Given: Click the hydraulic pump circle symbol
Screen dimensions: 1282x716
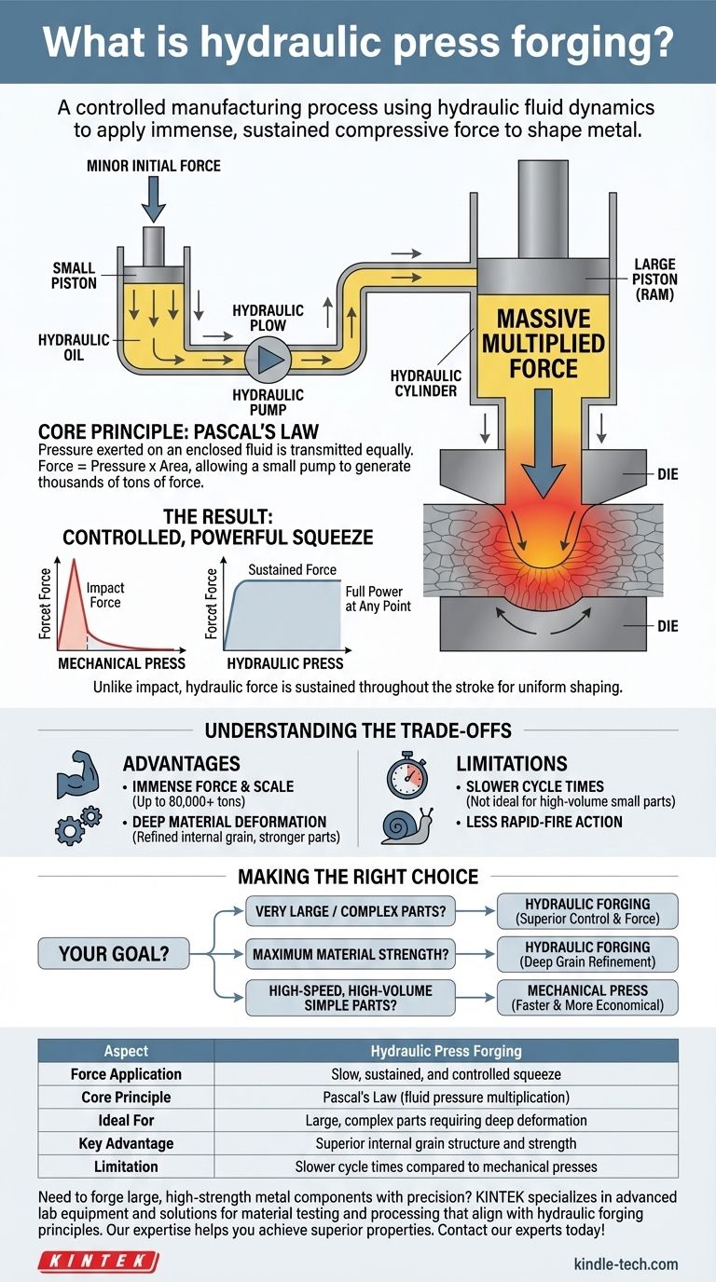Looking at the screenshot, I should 268,358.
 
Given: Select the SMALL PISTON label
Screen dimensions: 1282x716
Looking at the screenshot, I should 74,275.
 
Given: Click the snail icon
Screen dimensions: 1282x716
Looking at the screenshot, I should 406,824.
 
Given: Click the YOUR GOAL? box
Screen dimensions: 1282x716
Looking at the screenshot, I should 113,953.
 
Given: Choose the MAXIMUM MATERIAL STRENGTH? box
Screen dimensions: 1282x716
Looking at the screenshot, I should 351,953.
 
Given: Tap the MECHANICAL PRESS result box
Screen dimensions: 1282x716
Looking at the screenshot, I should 587,998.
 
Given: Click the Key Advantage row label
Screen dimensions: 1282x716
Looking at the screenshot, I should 126,1142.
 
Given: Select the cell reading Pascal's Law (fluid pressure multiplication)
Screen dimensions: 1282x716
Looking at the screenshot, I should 447,1097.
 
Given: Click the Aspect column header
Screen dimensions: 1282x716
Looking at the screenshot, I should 126,1051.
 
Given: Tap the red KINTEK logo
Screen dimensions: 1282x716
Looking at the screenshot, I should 98,1262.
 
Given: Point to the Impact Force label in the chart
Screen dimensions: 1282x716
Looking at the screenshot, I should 105,595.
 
